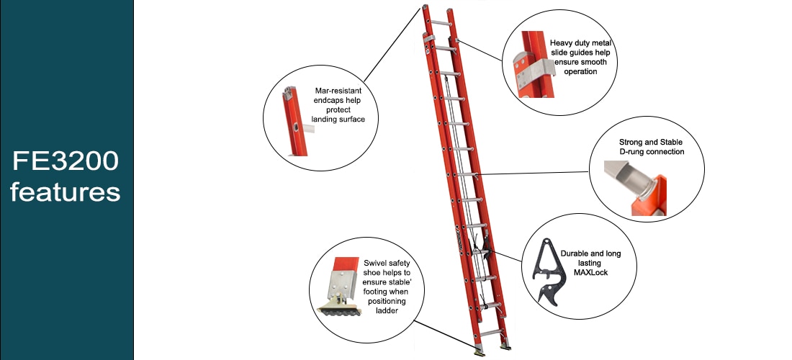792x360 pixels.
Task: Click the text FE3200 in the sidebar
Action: [66, 161]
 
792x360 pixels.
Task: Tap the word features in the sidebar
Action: [66, 192]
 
